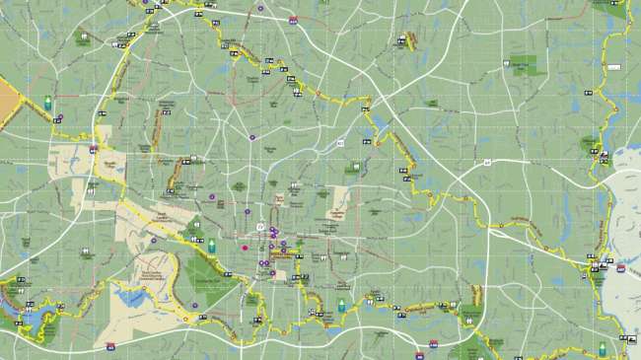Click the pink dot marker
coord(245,248)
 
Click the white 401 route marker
coord(340,143)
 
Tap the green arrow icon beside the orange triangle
coord(47,102)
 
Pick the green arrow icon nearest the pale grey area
coord(602,348)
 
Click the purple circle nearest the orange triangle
coord(60,118)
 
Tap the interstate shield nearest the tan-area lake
coord(110,346)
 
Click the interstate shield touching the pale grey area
coord(620,267)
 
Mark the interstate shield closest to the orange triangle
coord(94,149)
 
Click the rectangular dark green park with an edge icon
coord(524,65)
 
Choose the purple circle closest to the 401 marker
coord(251,137)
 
